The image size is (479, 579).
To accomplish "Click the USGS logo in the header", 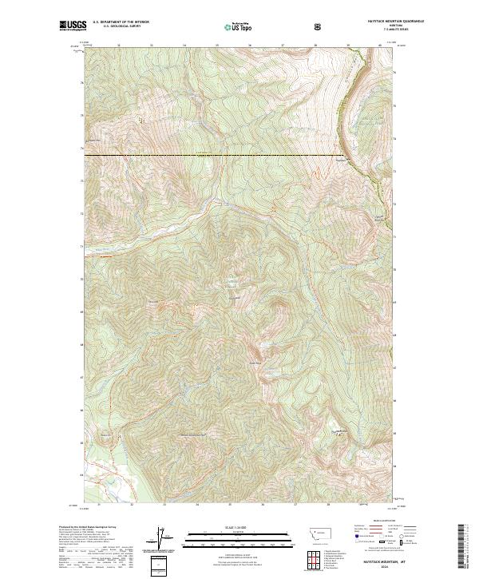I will [x=73, y=26].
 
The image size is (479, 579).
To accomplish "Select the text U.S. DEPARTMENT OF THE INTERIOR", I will [x=121, y=22].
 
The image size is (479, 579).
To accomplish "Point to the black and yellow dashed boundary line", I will [x=216, y=155].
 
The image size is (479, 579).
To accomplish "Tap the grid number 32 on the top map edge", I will [x=119, y=46].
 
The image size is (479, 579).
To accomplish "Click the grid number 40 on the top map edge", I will [x=380, y=46].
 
